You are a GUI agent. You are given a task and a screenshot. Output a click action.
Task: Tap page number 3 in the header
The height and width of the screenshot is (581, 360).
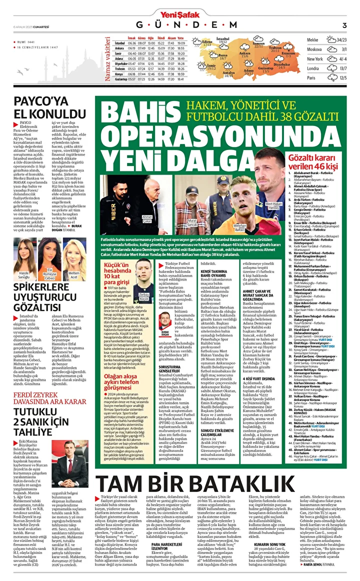coord(344,25)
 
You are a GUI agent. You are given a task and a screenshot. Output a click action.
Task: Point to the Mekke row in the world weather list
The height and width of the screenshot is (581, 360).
coord(327,40)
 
